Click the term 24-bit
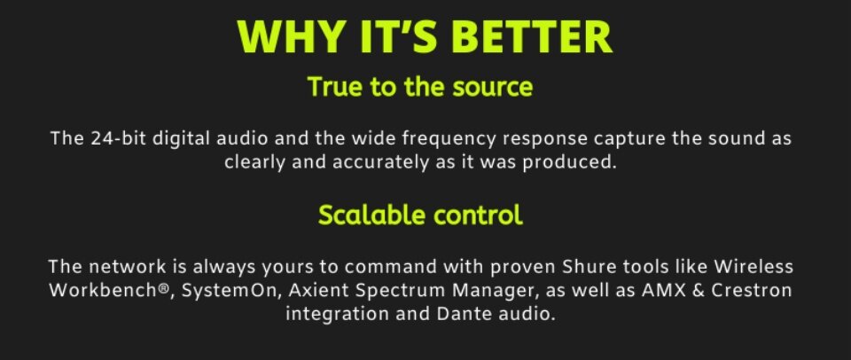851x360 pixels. point(118,138)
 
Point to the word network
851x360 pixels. point(128,267)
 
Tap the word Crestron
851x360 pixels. point(751,290)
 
